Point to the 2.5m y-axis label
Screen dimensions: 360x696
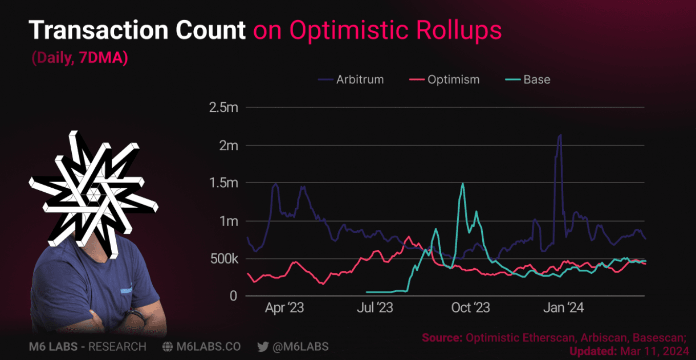click(223, 108)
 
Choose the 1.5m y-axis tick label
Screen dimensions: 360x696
click(223, 183)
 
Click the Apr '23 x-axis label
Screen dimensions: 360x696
click(284, 308)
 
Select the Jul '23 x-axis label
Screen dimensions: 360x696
click(375, 308)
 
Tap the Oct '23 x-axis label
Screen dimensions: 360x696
click(470, 308)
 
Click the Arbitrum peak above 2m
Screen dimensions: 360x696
click(560, 135)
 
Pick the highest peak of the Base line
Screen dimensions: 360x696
click(463, 184)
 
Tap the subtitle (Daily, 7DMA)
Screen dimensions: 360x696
click(80, 58)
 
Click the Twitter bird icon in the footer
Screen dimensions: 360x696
click(263, 347)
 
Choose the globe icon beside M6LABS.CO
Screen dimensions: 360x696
click(167, 347)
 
